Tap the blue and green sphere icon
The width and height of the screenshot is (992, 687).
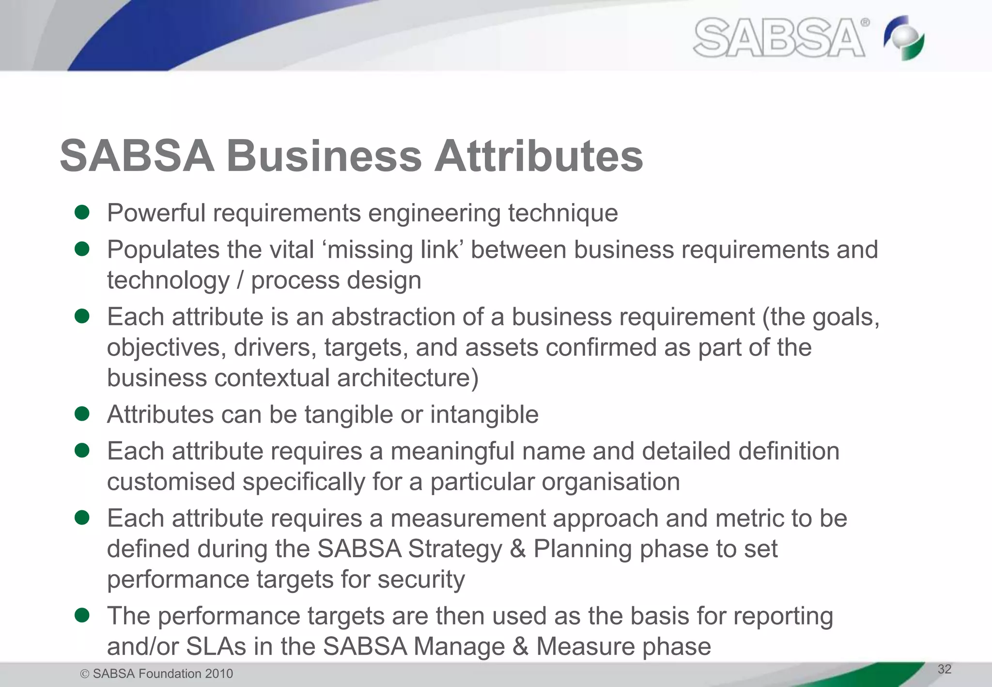click(904, 38)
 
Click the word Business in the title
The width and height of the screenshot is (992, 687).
click(324, 156)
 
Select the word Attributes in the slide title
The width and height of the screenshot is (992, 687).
click(538, 156)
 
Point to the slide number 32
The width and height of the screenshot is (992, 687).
click(945, 669)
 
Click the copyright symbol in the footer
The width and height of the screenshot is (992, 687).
click(85, 674)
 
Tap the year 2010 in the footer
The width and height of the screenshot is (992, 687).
click(219, 673)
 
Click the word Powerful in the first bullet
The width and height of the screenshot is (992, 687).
click(156, 213)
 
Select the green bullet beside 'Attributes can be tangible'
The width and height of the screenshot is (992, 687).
click(82, 414)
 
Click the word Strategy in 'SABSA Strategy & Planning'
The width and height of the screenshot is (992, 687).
click(455, 549)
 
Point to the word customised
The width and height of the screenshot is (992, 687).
click(171, 482)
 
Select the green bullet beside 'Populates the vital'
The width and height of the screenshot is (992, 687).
click(82, 249)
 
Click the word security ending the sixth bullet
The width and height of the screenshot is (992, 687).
click(421, 579)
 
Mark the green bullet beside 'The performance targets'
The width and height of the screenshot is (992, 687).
click(82, 615)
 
